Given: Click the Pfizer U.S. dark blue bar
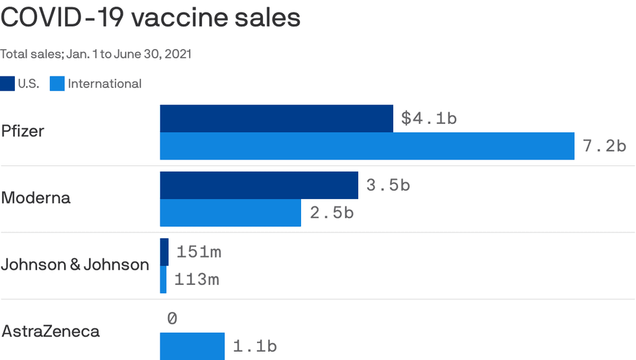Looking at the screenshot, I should tap(276, 118).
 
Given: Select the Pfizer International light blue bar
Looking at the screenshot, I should tap(367, 145).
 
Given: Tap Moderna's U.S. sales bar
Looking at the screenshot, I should tap(259, 186).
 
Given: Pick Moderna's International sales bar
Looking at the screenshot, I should tap(230, 213).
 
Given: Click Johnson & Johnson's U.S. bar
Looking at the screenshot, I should tap(164, 252).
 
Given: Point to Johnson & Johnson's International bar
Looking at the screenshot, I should tap(164, 280).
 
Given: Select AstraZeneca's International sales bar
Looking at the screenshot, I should tap(192, 346).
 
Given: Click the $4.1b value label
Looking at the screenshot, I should tap(429, 119).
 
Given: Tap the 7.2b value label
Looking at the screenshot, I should tap(604, 146).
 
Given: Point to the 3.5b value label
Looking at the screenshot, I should tap(388, 186).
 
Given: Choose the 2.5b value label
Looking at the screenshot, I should tap(331, 213).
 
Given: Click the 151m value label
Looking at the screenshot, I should tap(199, 252).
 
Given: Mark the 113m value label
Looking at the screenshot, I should tap(197, 280).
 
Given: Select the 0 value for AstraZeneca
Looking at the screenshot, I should tap(172, 318).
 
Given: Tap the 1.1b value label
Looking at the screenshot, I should tap(254, 346).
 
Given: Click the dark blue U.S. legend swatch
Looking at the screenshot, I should tap(7, 84).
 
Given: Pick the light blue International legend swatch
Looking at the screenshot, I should tap(57, 84).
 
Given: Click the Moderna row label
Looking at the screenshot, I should tap(36, 198).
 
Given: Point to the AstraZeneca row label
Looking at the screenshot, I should tap(51, 331).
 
